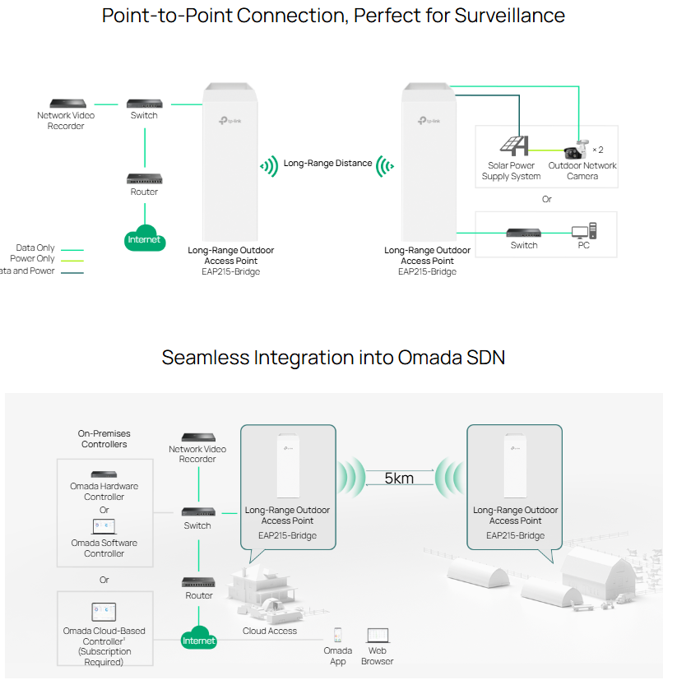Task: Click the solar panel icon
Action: pos(515,146)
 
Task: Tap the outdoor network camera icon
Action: pos(577,150)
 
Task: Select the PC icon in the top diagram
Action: pos(584,231)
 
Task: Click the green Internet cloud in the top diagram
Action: pos(145,238)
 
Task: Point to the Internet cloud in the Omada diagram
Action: pos(199,638)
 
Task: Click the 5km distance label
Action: pos(399,478)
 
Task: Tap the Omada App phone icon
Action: pos(337,635)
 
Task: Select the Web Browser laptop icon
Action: pos(378,636)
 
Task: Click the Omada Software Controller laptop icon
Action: pos(104,526)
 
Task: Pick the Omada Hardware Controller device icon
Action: pos(104,474)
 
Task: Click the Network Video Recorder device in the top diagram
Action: pos(68,104)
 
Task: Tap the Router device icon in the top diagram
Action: pos(145,178)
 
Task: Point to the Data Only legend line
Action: pos(72,250)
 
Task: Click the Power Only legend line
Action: pos(72,261)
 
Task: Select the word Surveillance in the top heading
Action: pos(510,16)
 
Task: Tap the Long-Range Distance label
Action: pos(327,163)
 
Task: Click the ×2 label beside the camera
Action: pos(598,150)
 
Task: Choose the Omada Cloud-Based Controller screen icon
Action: pos(104,612)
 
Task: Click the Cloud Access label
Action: pos(270,631)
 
